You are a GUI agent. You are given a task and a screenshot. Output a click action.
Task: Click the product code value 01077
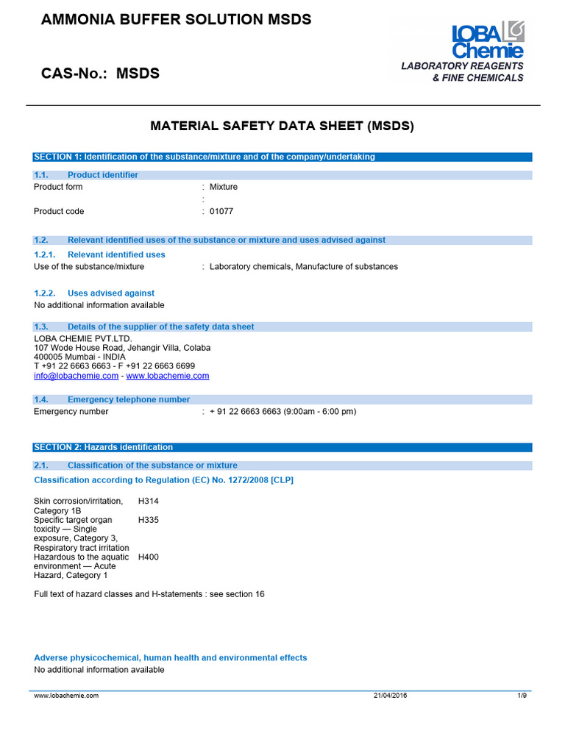tap(221, 212)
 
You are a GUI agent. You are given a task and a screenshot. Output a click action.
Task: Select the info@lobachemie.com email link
tap(77, 376)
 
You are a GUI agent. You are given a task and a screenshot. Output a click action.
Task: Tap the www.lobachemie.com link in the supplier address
tap(168, 376)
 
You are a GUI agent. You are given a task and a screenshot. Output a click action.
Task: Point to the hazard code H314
tap(149, 502)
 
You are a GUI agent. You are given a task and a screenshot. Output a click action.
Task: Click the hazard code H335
tap(149, 520)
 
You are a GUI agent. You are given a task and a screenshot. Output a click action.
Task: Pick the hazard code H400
tap(149, 557)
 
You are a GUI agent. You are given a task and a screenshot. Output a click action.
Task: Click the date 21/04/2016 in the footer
tap(390, 695)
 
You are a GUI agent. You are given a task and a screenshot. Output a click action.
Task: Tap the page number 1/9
tap(522, 695)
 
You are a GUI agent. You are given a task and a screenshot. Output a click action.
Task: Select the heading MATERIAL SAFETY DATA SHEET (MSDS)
tap(282, 126)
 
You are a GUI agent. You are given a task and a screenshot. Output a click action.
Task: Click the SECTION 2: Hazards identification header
tap(104, 447)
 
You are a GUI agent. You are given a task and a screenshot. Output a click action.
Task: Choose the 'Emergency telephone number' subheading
tap(128, 399)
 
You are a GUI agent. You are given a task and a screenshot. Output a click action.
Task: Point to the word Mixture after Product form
tap(224, 187)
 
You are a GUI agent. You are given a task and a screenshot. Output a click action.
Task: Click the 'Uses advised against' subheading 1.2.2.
tap(110, 293)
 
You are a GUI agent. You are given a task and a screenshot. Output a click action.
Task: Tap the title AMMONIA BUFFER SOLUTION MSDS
tap(176, 20)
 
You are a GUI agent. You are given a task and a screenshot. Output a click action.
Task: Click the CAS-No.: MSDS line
tap(100, 74)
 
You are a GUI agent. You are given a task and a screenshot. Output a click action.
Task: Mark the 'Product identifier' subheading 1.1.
tap(102, 175)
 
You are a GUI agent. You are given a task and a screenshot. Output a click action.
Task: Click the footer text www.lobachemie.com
tap(66, 695)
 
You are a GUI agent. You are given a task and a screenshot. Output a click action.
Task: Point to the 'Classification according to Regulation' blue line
tap(164, 480)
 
